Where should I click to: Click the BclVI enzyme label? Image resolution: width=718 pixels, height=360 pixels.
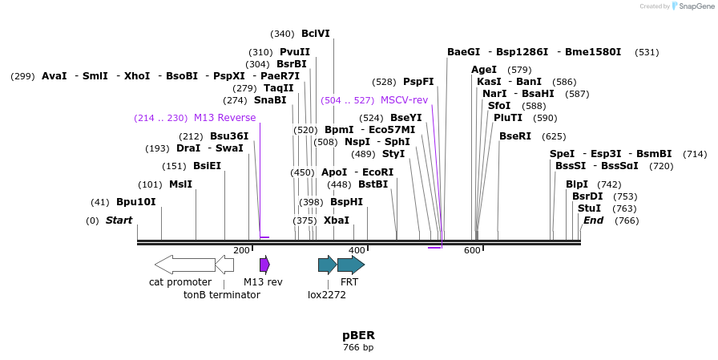click(315, 34)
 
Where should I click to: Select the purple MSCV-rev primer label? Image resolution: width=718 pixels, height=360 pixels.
click(405, 100)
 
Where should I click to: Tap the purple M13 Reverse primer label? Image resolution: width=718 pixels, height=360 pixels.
click(224, 118)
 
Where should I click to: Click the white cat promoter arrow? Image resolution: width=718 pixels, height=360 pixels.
click(184, 265)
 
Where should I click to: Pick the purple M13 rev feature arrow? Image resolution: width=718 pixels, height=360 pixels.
click(264, 265)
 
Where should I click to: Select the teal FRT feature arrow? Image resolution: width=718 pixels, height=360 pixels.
click(350, 265)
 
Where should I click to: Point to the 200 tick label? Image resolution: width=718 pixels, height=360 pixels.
click(241, 250)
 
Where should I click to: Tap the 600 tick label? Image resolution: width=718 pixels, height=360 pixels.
click(472, 250)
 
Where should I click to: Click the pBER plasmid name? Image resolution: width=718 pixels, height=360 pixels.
click(358, 335)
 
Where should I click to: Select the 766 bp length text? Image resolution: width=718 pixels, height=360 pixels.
click(358, 348)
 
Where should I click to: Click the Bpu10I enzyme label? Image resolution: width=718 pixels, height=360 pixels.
click(135, 202)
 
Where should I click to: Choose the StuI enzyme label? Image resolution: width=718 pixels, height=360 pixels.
click(589, 208)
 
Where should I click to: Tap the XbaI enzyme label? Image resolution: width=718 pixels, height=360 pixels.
click(337, 220)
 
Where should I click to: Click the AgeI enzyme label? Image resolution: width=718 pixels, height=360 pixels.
click(484, 70)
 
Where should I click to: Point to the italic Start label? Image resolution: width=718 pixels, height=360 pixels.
click(119, 220)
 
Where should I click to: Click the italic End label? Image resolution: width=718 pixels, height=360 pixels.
click(593, 220)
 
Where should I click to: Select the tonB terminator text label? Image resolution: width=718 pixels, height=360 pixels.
click(221, 295)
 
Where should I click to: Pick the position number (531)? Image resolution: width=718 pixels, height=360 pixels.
click(647, 52)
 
